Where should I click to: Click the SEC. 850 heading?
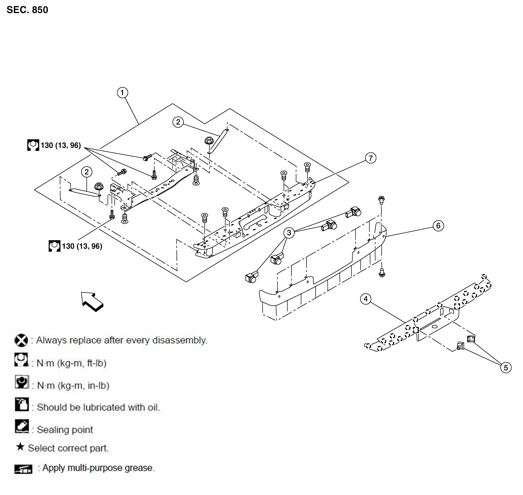[27, 10]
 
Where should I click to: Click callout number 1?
[122, 93]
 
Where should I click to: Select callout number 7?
[371, 158]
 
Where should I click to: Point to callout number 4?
[366, 299]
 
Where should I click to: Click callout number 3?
[289, 233]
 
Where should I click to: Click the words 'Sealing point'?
[65, 430]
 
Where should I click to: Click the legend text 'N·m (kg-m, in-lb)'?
[73, 386]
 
